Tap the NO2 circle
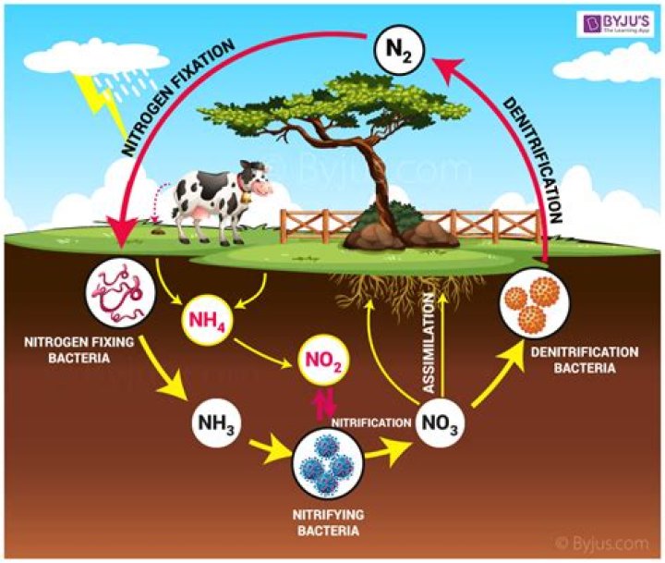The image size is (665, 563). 322,362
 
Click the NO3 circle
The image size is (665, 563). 439,423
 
